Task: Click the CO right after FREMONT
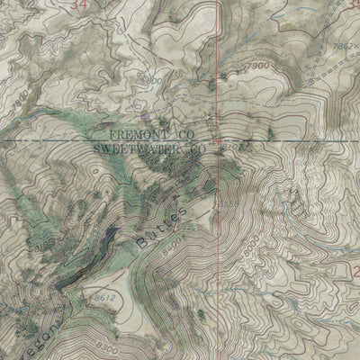tap(185, 132)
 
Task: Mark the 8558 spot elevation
tap(228, 205)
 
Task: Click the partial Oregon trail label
tap(52, 339)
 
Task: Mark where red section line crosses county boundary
tap(216, 140)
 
